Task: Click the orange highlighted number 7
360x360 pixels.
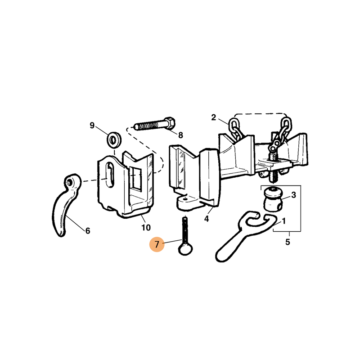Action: click(x=157, y=244)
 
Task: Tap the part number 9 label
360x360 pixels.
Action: click(x=92, y=126)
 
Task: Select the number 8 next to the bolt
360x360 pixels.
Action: click(x=181, y=135)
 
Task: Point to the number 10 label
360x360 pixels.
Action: click(x=146, y=228)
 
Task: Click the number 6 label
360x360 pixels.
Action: click(x=88, y=231)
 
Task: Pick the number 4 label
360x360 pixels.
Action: click(x=207, y=219)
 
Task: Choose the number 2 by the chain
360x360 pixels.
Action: click(x=213, y=117)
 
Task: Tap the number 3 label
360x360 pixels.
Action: click(x=294, y=195)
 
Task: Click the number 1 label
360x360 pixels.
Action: click(x=284, y=221)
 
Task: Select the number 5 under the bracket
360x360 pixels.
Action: click(x=288, y=242)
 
